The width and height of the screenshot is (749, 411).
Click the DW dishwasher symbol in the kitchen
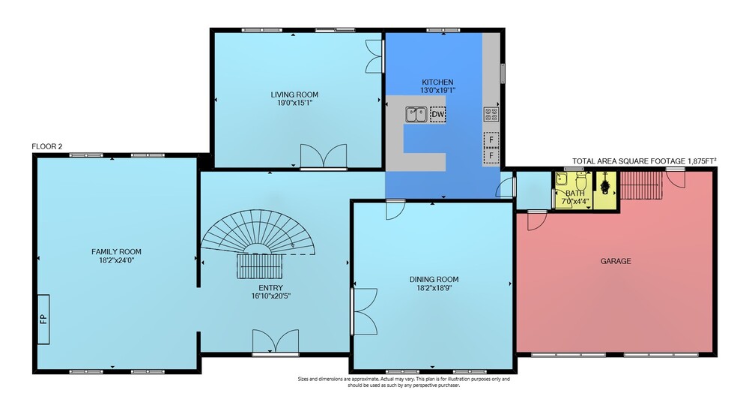tap(437, 114)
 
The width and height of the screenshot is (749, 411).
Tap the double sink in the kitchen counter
tap(416, 114)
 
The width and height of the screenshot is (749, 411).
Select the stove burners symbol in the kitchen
tap(491, 114)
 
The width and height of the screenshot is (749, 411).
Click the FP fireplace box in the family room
tap(43, 319)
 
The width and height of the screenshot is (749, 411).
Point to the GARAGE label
tap(615, 261)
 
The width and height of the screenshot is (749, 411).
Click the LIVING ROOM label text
tap(294, 94)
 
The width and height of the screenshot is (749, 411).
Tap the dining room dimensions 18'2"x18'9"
tap(434, 288)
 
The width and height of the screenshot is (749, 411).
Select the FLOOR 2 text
tap(46, 147)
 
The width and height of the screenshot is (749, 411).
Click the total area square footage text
tap(644, 161)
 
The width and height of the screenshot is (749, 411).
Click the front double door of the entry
tap(276, 341)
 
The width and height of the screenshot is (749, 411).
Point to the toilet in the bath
tap(581, 181)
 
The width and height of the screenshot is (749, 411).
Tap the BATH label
tap(574, 193)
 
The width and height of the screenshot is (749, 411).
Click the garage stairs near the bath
tap(641, 184)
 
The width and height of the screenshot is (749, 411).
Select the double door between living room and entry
tap(324, 156)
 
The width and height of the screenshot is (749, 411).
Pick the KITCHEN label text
tap(437, 82)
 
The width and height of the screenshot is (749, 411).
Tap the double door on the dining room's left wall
tap(364, 311)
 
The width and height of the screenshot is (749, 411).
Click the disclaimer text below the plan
tap(404, 382)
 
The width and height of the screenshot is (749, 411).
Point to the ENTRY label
tap(271, 288)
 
